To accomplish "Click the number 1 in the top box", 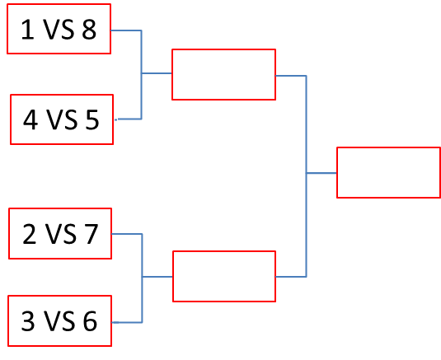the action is pos(27,29).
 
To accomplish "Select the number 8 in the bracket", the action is pos(89,29).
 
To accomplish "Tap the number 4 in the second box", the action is pos(30,119).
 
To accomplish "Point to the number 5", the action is pos(92,120).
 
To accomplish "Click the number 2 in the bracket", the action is pos(29,234).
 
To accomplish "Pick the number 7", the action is pos(91,234).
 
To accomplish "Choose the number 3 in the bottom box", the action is pos(28,321).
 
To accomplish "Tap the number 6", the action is pos(90,321).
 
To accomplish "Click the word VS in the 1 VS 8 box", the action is pos(59,29).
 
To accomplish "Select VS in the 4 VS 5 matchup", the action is pos(62,120).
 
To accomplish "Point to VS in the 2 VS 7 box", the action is pos(60,234).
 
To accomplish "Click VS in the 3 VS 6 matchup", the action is pos(59,321).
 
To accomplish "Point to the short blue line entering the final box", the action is pos(321,173).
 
